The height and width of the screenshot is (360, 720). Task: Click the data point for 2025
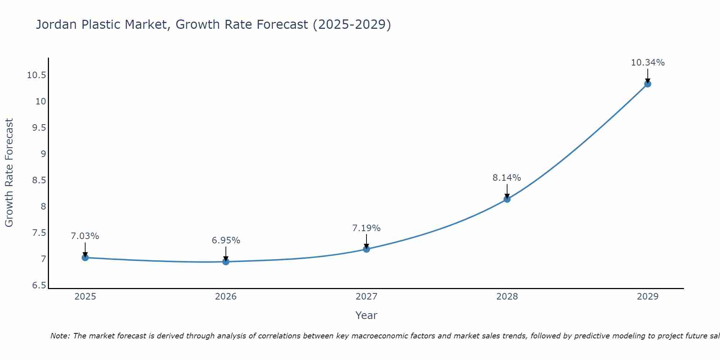point(85,257)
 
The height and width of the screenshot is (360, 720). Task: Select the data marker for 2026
point(226,262)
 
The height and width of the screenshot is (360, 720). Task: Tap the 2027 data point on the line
point(366,249)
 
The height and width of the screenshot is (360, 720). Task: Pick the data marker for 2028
point(507,199)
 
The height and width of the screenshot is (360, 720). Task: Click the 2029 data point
point(647,84)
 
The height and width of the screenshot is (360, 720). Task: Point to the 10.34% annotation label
point(648,63)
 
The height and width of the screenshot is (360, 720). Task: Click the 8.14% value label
point(507,178)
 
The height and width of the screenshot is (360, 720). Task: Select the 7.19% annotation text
point(366,228)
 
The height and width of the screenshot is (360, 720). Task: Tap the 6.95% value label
point(226,240)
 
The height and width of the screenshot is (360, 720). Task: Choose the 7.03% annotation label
point(85,237)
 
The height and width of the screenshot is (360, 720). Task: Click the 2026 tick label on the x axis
point(226,297)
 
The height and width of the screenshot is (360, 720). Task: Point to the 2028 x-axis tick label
point(507,297)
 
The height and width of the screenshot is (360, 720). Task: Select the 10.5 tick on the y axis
point(37,75)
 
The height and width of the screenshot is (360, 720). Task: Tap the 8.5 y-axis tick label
point(39,180)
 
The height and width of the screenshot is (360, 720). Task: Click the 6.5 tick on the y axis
point(39,285)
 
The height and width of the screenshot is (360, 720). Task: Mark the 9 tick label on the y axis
point(43,154)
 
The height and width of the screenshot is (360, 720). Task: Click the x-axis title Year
point(366,315)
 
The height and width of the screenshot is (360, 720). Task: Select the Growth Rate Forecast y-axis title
point(9,173)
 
